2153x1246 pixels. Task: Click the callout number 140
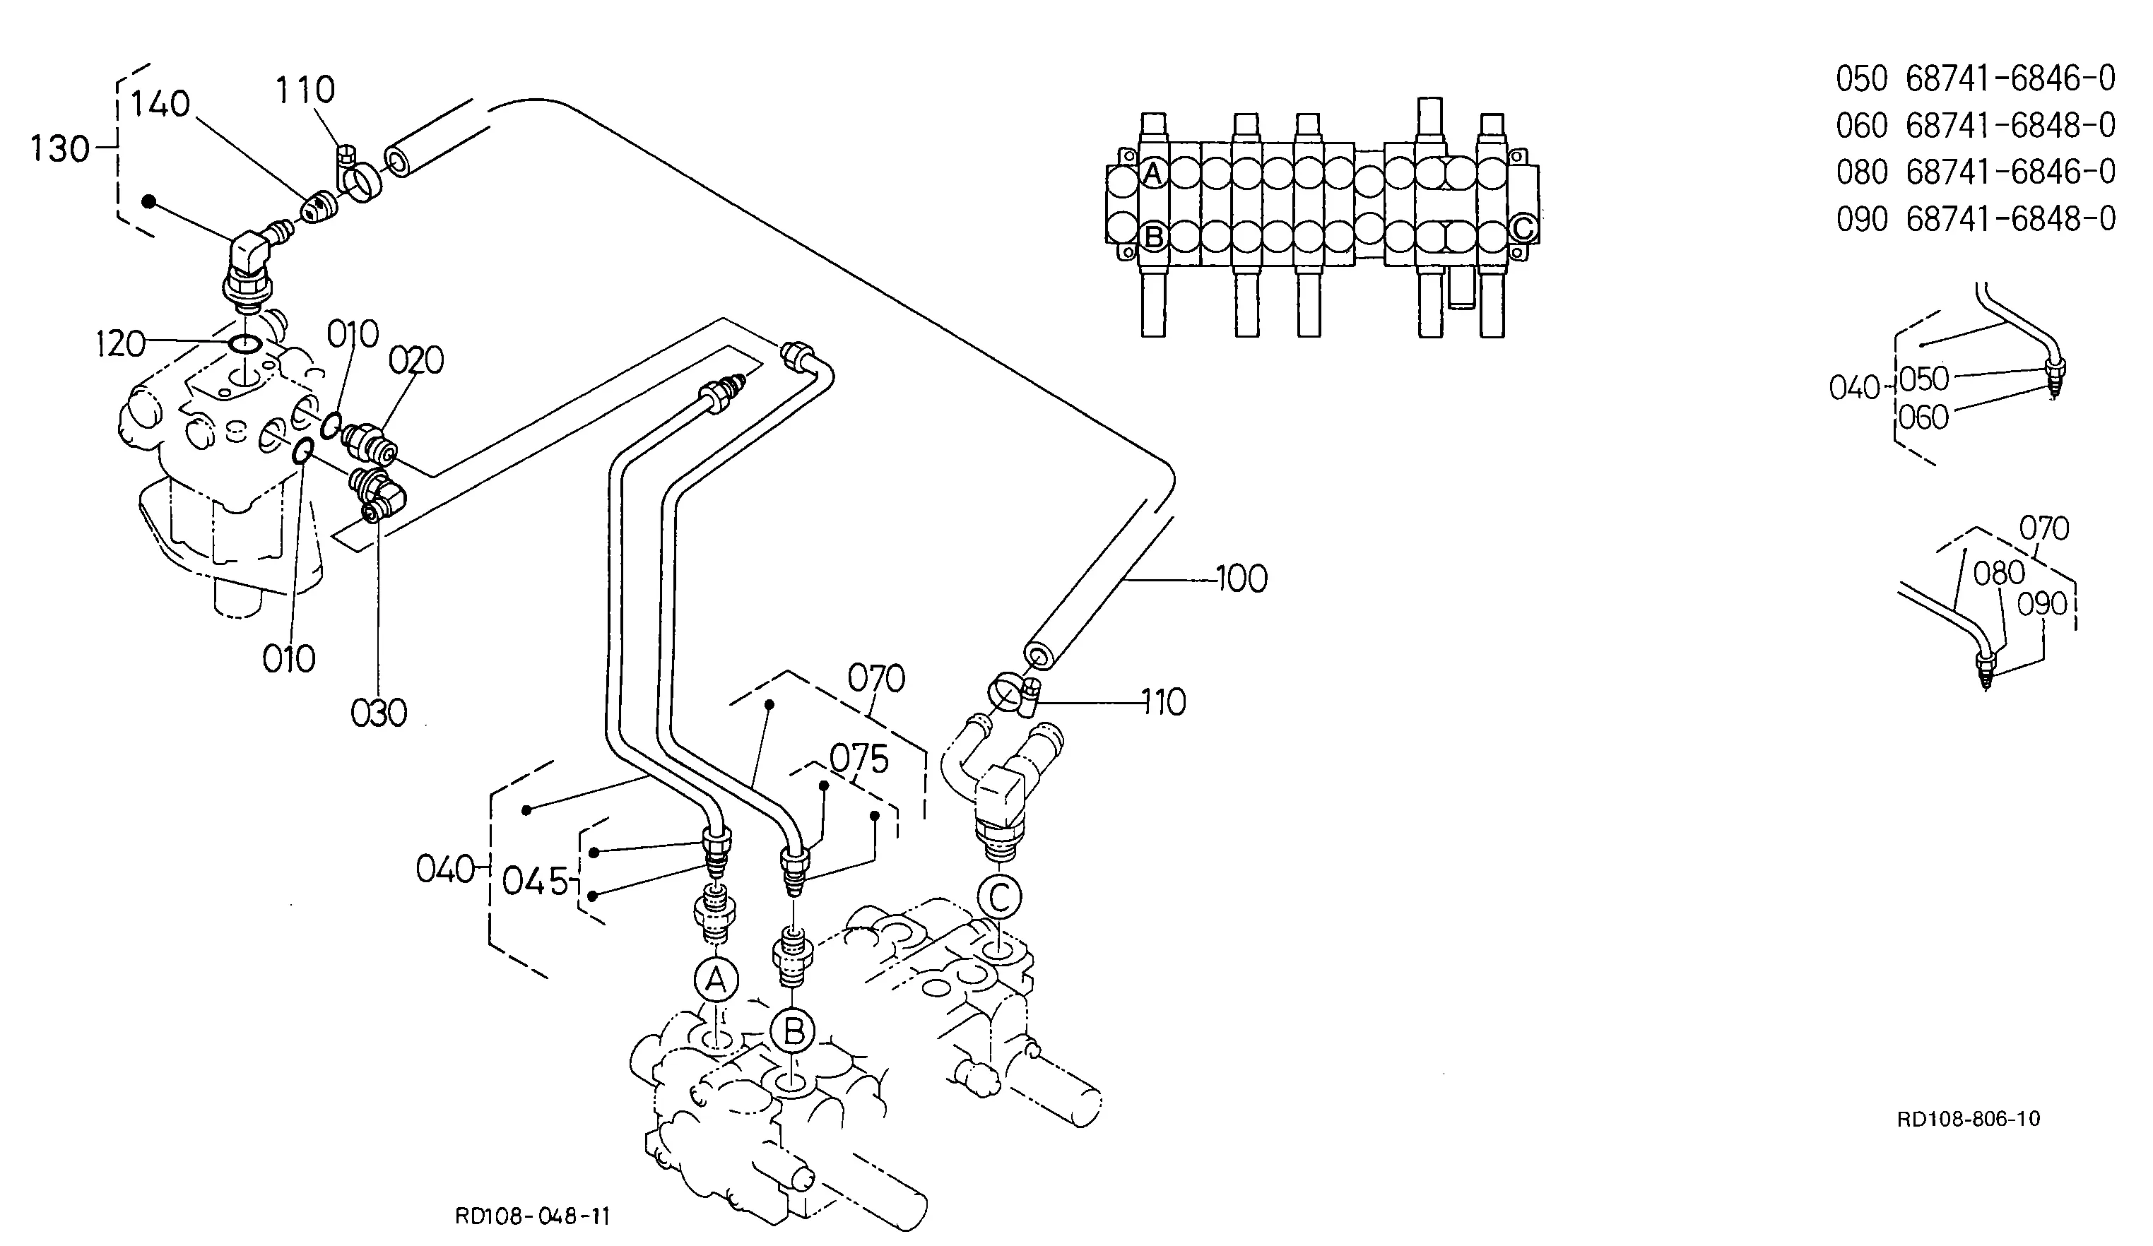pyautogui.click(x=160, y=105)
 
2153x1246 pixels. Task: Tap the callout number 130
pyautogui.click(x=60, y=150)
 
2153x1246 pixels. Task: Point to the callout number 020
pyautogui.click(x=416, y=360)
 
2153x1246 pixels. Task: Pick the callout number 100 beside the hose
pyautogui.click(x=1241, y=579)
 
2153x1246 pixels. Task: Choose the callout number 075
pyautogui.click(x=859, y=759)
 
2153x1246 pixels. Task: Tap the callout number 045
pyautogui.click(x=535, y=882)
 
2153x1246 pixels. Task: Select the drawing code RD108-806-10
pyautogui.click(x=1969, y=1119)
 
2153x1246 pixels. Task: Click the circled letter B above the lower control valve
pyautogui.click(x=794, y=1033)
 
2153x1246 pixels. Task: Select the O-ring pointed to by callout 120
pyautogui.click(x=245, y=343)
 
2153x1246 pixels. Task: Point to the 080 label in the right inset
pyautogui.click(x=1999, y=573)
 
